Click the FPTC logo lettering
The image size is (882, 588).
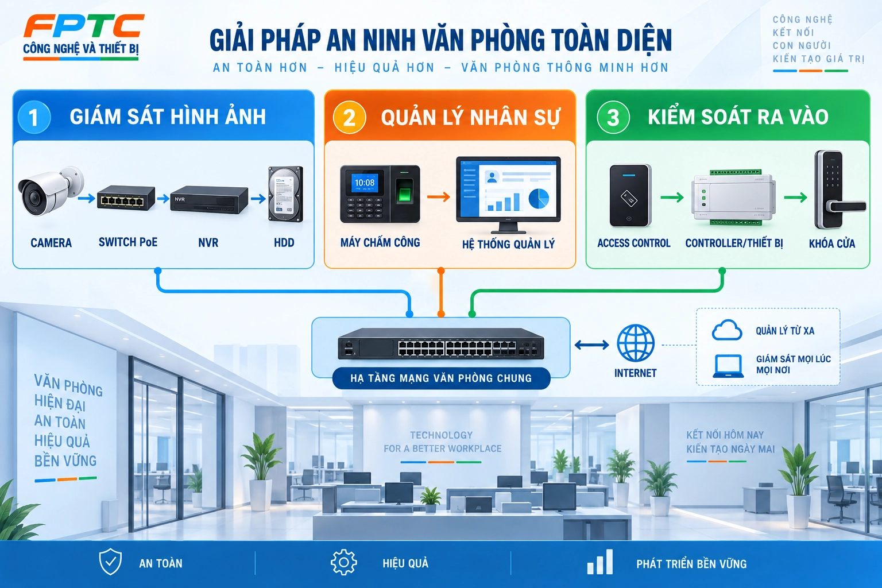[x=84, y=26]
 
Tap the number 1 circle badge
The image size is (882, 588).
[x=34, y=117]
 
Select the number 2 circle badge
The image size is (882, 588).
[x=349, y=117]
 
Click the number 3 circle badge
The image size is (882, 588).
[x=613, y=117]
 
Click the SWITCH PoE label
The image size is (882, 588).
[x=128, y=242]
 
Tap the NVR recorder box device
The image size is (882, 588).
[x=209, y=200]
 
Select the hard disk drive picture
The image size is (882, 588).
[x=286, y=194]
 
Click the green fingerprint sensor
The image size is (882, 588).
[x=404, y=195]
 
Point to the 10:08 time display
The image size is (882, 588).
[x=365, y=183]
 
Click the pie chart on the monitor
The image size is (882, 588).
[x=539, y=198]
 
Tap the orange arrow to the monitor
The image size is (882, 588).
[x=439, y=196]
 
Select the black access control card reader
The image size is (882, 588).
[x=630, y=196]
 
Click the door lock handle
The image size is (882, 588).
[x=846, y=206]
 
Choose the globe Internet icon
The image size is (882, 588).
[x=636, y=343]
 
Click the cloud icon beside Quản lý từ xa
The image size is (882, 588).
[x=727, y=330]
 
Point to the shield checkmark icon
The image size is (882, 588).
[x=110, y=562]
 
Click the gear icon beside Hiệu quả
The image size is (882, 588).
[x=344, y=562]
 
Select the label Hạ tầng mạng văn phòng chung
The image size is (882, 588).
[x=441, y=378]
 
